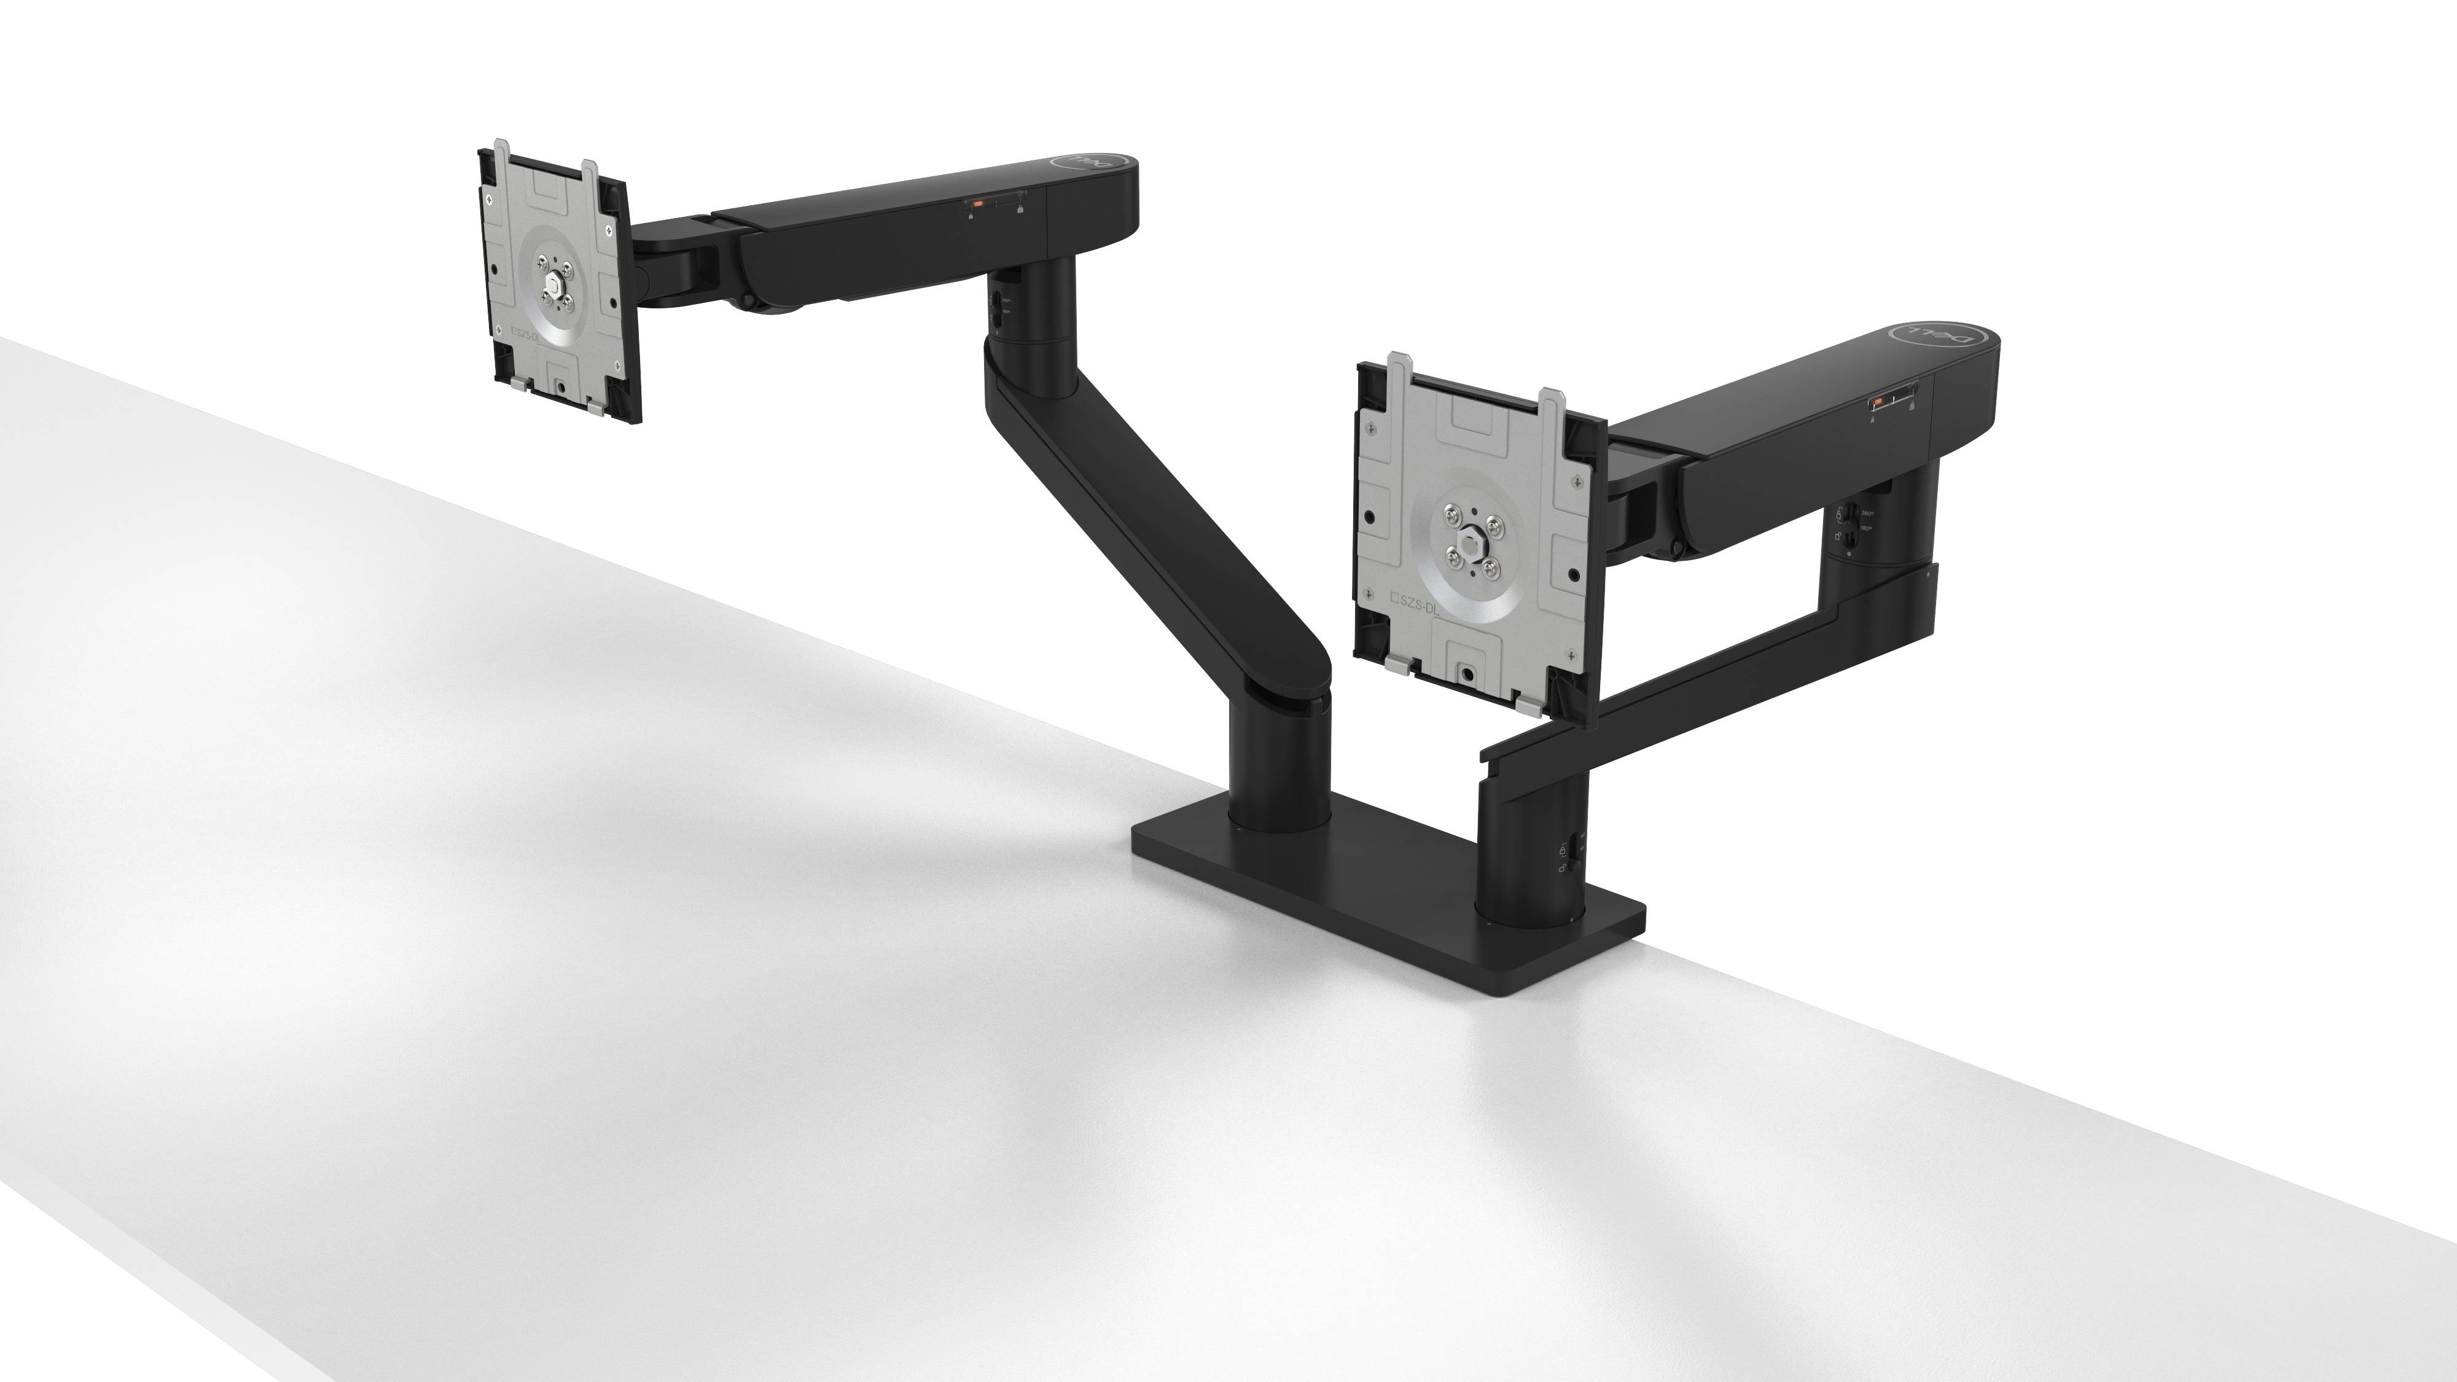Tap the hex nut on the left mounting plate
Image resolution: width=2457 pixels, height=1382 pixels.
click(x=554, y=286)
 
